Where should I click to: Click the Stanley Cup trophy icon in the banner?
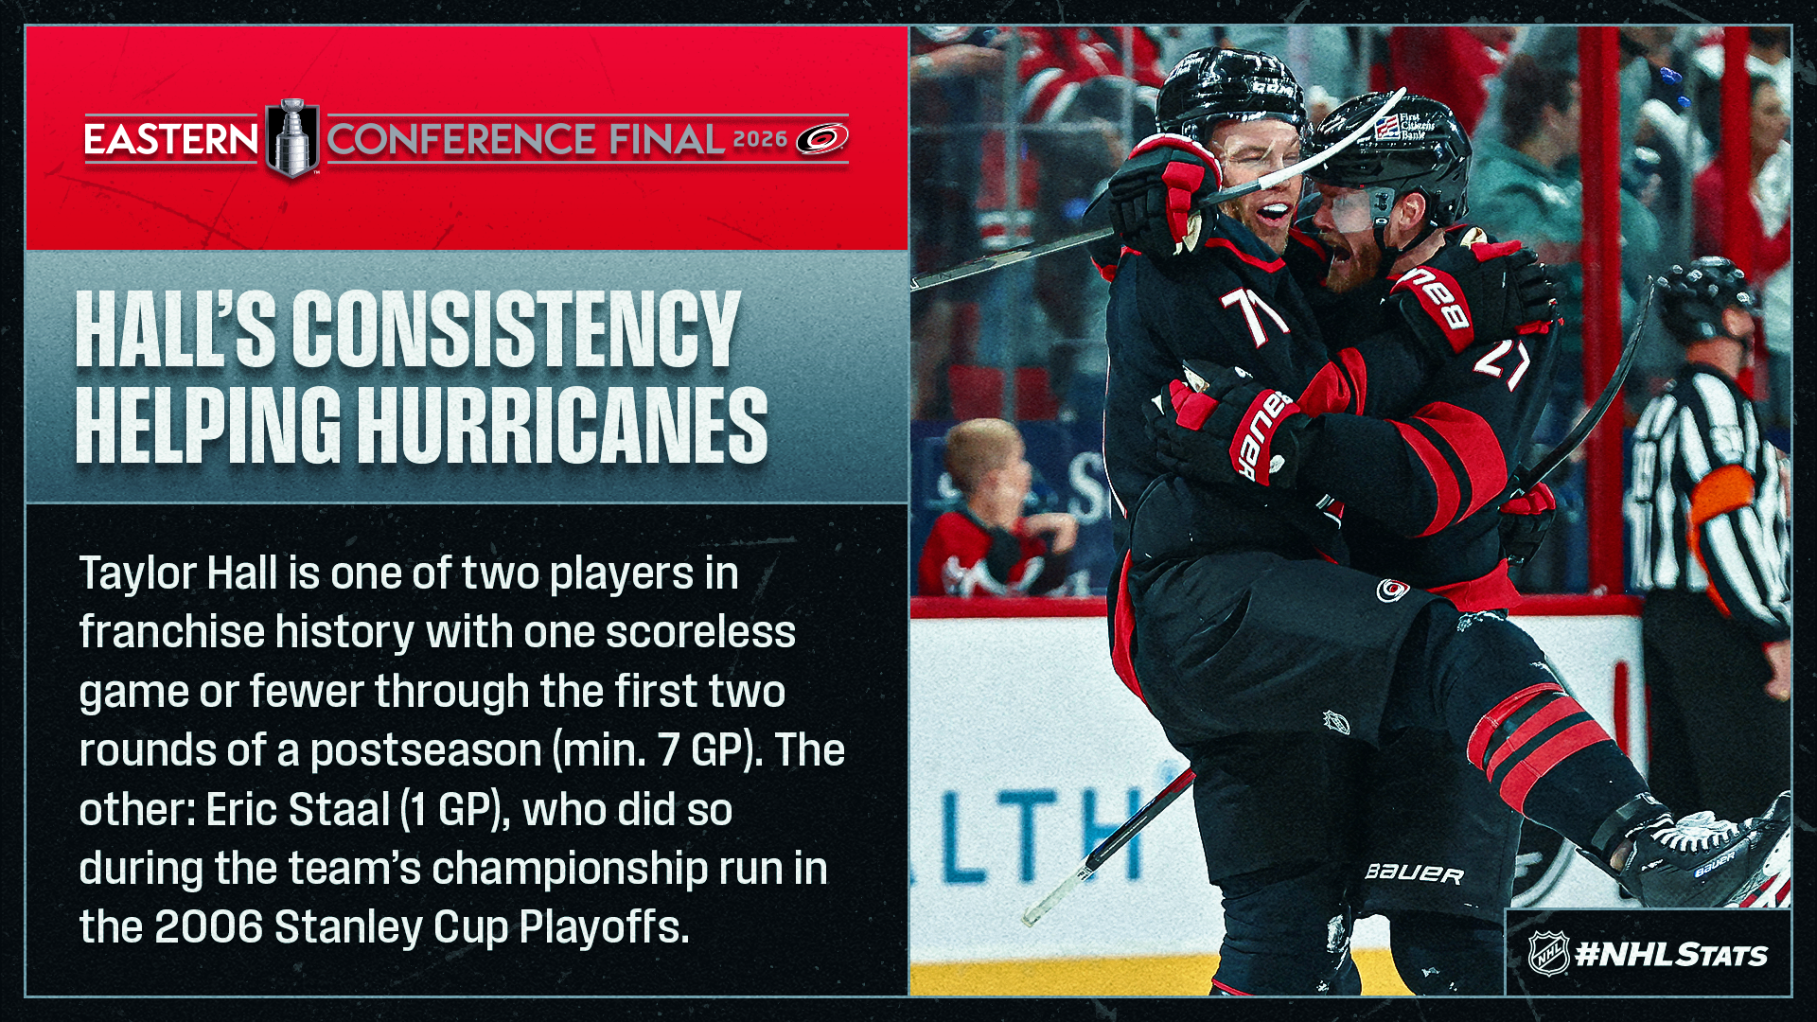[292, 138]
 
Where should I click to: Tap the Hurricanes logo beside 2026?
[821, 139]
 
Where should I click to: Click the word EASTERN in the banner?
[171, 140]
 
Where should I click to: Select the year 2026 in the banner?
[760, 140]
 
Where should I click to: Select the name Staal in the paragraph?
[339, 810]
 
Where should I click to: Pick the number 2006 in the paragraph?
[208, 927]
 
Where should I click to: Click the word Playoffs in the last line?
[604, 927]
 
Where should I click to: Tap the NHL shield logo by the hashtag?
[1549, 953]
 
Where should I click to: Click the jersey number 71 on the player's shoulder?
[1254, 314]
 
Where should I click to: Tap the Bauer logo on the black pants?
[1414, 873]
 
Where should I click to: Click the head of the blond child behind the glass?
[986, 464]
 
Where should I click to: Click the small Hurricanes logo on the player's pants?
[1392, 591]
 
